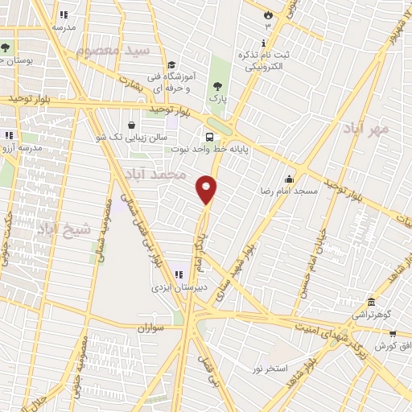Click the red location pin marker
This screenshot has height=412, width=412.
207,189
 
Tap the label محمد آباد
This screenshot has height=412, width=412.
160,174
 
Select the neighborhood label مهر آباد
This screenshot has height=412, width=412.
366,127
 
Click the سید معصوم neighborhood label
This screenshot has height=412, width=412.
114,50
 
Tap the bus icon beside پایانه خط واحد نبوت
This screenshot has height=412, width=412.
209,137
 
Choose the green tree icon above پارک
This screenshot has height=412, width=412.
216,86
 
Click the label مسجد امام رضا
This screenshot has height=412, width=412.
287,192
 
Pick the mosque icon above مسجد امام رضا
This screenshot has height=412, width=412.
289,179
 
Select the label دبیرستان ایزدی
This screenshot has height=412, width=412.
178,286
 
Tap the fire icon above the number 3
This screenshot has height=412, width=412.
269,14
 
